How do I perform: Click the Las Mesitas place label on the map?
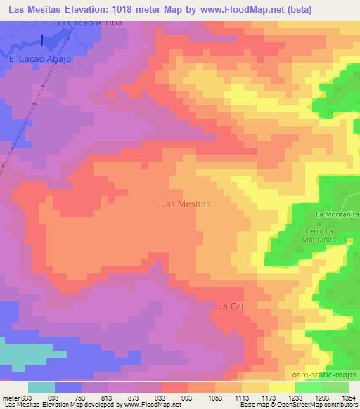186,204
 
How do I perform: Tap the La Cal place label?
231,306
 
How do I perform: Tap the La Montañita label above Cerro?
337,214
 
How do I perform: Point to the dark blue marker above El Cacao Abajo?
42,41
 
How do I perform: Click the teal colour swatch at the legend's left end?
41,387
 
